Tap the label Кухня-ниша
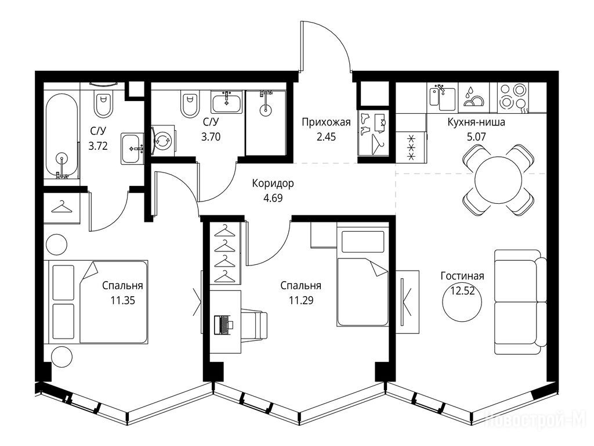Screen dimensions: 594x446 click(476, 123)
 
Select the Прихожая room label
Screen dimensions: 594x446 click(326, 122)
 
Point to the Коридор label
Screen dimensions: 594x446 click(273, 184)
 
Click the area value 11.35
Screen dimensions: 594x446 click(123, 301)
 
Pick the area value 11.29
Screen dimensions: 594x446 click(301, 301)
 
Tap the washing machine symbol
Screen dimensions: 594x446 click(164, 141)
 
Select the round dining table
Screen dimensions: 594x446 click(498, 181)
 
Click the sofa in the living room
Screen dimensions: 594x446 click(520, 302)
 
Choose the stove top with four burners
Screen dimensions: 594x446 click(513, 98)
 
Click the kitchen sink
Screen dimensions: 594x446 click(442, 97)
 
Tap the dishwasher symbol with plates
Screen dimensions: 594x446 click(473, 98)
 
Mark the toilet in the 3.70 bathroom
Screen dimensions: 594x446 click(190, 104)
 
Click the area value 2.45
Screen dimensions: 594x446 click(326, 136)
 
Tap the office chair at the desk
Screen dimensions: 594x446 click(254, 325)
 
